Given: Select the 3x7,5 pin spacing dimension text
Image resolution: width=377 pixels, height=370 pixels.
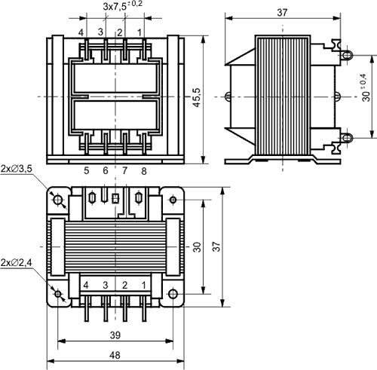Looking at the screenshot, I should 121,7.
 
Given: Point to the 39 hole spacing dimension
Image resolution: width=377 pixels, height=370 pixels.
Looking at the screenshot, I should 115,334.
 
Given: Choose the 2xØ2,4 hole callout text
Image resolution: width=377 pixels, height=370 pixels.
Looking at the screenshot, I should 16,261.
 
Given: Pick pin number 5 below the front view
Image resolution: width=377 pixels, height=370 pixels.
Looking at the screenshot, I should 86,171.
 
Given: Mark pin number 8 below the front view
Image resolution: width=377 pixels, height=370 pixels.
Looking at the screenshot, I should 143,171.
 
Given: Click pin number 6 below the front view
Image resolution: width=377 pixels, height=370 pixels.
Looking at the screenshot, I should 106,171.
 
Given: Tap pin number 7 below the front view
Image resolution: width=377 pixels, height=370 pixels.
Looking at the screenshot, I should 124,171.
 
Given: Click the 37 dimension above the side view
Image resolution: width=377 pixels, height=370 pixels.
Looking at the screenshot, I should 283,13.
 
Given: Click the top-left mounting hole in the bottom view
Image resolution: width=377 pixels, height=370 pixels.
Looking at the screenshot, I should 58,199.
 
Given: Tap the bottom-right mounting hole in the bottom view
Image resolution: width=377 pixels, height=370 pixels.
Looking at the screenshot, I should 173,293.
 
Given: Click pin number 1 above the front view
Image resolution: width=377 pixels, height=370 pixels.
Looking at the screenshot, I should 139,32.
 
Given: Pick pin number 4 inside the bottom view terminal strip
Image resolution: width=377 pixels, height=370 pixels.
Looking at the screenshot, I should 86,285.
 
